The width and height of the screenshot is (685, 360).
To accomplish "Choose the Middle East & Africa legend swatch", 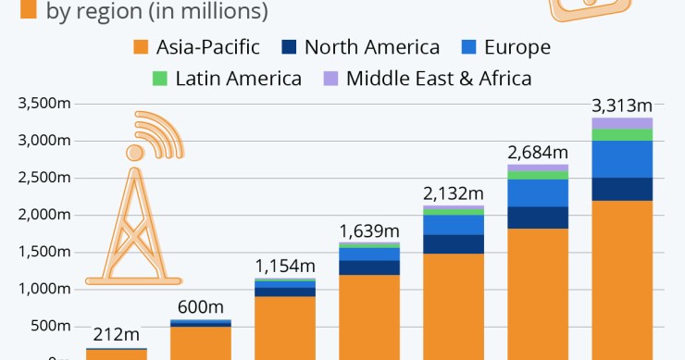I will pyautogui.click(x=330, y=78).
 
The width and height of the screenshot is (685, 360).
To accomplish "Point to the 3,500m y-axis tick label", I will pyautogui.click(x=43, y=104).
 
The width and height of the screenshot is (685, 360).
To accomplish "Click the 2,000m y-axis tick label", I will pyautogui.click(x=43, y=215).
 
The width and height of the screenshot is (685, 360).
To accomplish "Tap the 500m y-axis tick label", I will pyautogui.click(x=48, y=326).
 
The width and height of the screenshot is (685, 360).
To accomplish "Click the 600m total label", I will pyautogui.click(x=200, y=306).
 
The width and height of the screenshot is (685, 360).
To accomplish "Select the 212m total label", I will pyautogui.click(x=116, y=334).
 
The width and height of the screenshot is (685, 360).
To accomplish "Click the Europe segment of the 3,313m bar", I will pyautogui.click(x=621, y=159).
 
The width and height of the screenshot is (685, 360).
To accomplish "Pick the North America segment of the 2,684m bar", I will pyautogui.click(x=537, y=217).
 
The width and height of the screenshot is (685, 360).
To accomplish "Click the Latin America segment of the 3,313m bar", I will pyautogui.click(x=621, y=135).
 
